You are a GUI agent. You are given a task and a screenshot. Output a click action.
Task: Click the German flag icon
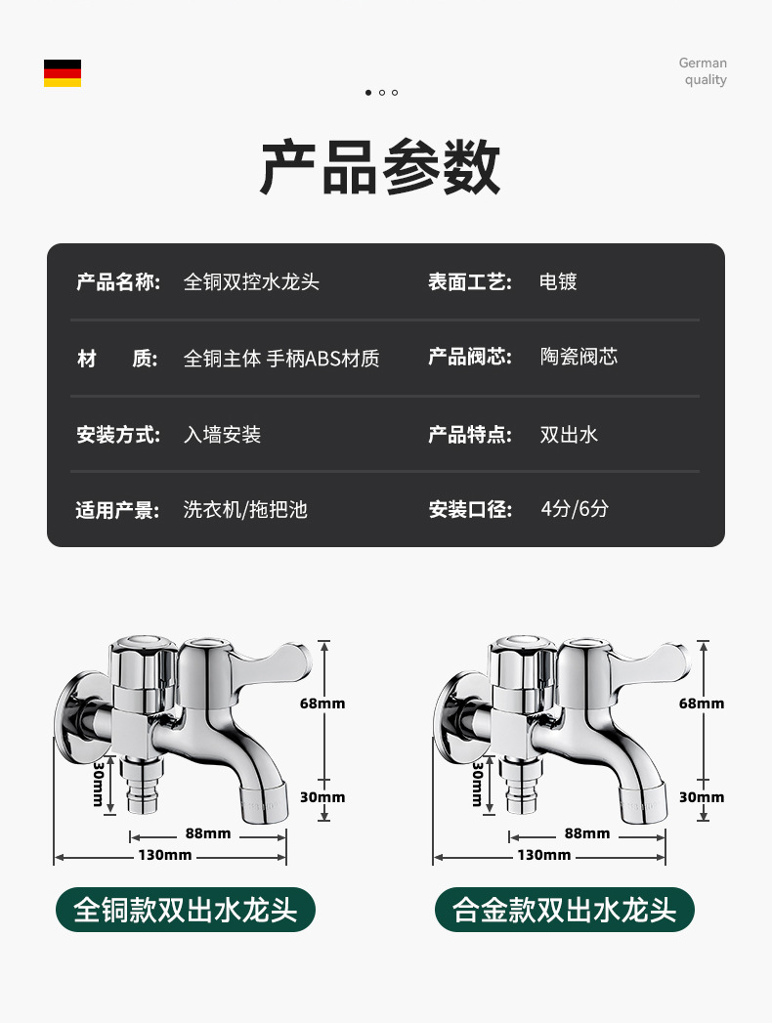click(63, 73)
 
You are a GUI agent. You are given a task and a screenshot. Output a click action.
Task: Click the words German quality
click(703, 71)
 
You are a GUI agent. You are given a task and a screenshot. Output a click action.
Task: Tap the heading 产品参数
click(380, 168)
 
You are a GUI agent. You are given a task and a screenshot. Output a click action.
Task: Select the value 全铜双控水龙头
click(251, 282)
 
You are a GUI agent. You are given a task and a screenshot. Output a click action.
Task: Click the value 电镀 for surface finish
click(558, 282)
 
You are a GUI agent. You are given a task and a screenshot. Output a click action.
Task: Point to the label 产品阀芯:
click(470, 357)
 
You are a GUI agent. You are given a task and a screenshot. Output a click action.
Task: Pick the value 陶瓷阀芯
click(579, 357)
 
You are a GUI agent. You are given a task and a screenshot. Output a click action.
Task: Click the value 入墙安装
click(222, 434)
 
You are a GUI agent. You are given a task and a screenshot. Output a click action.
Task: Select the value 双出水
click(569, 434)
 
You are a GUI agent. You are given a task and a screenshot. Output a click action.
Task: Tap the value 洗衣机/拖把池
click(245, 509)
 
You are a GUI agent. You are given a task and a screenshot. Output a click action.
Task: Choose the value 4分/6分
click(575, 509)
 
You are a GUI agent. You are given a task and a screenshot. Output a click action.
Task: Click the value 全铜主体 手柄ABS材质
click(281, 359)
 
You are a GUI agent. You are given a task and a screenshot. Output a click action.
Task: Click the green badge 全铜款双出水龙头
click(186, 910)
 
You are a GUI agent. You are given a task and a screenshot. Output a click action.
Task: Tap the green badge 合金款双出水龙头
click(565, 910)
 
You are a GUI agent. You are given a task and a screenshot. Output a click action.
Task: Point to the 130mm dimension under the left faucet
click(164, 856)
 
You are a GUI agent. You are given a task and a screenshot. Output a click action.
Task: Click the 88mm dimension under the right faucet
click(586, 833)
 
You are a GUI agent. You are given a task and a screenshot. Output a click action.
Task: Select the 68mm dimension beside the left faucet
click(322, 703)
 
